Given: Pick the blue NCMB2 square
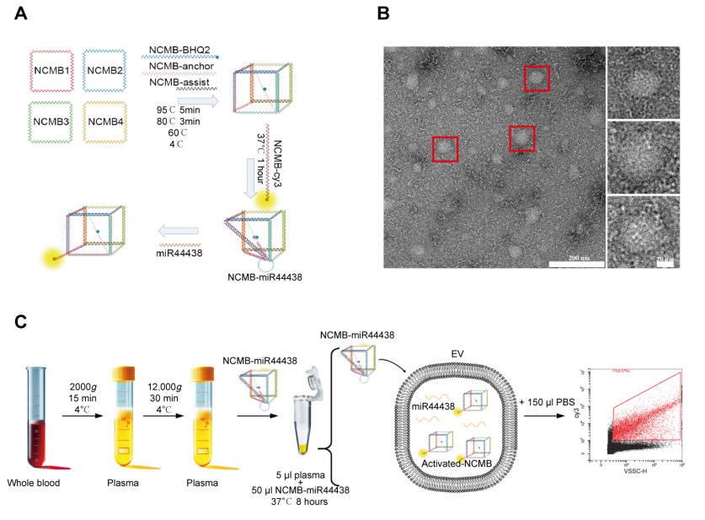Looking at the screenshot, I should coord(104,70).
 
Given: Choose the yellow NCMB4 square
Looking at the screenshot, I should coord(104,121).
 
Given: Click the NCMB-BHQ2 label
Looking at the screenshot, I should coord(179,48).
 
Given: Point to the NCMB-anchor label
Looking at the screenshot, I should coord(180,65).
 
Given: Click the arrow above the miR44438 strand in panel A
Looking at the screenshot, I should coord(178,231).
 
